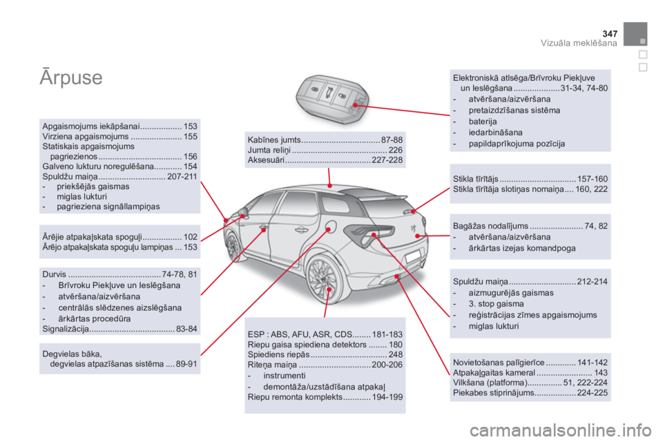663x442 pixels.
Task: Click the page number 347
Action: pos(610,34)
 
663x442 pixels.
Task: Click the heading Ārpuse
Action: pos(71,77)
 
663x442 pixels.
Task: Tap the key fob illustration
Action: pos(332,99)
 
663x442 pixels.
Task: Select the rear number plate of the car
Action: pos(413,257)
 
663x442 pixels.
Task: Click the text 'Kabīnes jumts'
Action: pos(274,140)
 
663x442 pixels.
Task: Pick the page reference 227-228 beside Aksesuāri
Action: pos(387,160)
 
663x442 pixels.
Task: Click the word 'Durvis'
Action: pos(55,274)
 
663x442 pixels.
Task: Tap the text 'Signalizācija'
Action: pos(66,329)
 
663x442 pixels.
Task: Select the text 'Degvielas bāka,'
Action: pos(73,354)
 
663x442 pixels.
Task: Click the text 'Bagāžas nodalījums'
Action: pos(490,226)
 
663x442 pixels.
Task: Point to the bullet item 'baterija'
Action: pos(483,122)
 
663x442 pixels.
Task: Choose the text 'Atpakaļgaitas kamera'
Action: pos(494,373)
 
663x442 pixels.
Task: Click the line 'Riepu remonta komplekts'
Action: pos(295,397)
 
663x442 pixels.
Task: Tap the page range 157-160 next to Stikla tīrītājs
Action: pos(593,179)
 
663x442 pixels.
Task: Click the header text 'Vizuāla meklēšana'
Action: pos(579,43)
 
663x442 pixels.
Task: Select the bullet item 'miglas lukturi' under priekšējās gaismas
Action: pos(81,197)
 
